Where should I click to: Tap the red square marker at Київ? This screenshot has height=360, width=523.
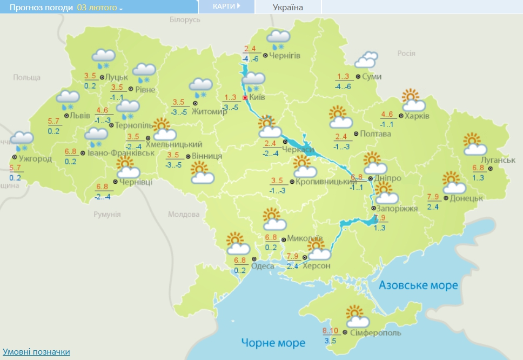click(245, 98)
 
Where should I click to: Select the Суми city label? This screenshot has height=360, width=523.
click(372, 77)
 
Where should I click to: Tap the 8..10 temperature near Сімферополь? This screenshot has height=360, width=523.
click(330, 331)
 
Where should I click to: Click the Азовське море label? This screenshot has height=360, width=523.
click(418, 285)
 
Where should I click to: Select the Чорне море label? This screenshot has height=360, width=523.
click(273, 343)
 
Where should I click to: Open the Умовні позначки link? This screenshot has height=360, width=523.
click(36, 352)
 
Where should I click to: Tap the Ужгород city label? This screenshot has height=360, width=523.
click(35, 158)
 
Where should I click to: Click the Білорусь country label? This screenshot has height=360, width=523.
click(185, 19)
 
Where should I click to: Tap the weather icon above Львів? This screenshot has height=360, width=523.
click(69, 100)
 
